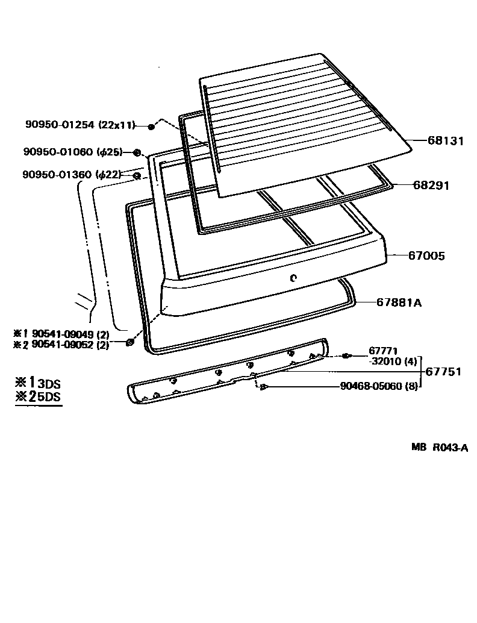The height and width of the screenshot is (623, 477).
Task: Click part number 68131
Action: pyautogui.click(x=446, y=141)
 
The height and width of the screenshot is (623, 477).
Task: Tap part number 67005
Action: pyautogui.click(x=426, y=256)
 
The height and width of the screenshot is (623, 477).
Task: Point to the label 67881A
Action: pyautogui.click(x=399, y=302)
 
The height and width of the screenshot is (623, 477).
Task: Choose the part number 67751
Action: pyautogui.click(x=443, y=372)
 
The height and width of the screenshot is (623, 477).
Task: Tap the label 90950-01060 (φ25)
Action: pyautogui.click(x=72, y=152)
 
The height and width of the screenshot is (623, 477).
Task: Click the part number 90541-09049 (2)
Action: pyautogui.click(x=70, y=333)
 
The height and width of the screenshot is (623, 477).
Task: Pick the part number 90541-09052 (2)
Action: pyautogui.click(x=70, y=345)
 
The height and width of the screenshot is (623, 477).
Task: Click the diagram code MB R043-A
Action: pyautogui.click(x=440, y=447)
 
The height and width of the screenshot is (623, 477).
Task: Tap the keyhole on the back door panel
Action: pyautogui.click(x=293, y=278)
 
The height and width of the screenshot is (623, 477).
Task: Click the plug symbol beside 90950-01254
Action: pyautogui.click(x=151, y=126)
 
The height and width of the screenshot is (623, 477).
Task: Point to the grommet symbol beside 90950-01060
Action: pyautogui.click(x=137, y=152)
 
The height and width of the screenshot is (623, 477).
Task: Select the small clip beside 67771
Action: pyautogui.click(x=346, y=356)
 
